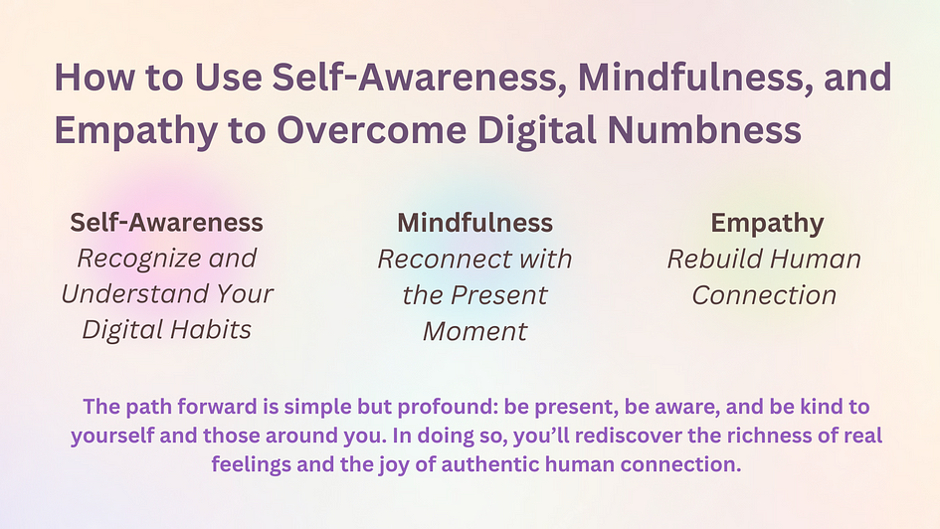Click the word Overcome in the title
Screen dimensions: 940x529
(372, 130)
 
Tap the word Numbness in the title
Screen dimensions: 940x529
(704, 130)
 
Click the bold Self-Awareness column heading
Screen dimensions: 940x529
(167, 223)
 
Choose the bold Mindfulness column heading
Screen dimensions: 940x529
(474, 223)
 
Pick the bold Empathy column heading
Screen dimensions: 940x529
(767, 224)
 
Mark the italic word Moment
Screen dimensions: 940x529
(474, 331)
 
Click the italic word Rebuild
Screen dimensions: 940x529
(713, 260)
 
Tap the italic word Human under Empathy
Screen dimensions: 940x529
(815, 260)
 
